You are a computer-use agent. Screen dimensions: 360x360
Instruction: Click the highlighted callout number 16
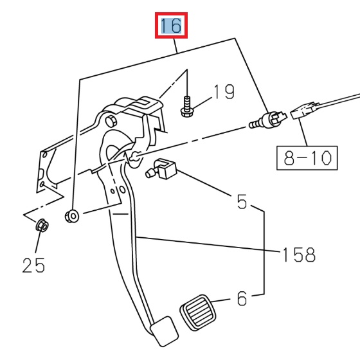tap(171, 26)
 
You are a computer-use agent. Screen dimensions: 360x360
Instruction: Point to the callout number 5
tap(242, 202)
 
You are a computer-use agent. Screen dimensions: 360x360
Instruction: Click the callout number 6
tap(242, 298)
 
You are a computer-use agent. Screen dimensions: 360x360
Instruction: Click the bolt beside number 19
tap(186, 105)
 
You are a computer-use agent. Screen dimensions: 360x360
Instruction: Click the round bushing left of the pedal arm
tap(72, 215)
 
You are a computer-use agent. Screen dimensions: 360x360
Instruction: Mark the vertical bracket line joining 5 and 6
tap(264, 251)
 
